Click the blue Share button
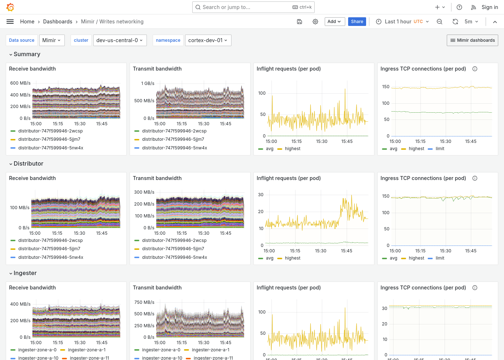point(357,22)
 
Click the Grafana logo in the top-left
point(10,7)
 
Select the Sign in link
point(490,7)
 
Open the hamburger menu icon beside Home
point(10,22)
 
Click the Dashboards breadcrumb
point(58,22)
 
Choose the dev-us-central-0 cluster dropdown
point(119,40)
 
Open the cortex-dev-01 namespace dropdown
point(208,40)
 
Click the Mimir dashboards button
point(472,40)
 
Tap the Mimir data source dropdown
point(51,40)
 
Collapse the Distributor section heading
point(28,164)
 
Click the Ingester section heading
point(25,273)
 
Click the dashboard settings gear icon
point(315,22)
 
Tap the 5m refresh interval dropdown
point(471,22)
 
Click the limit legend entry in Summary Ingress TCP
point(440,149)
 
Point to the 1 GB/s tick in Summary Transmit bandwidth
point(148,84)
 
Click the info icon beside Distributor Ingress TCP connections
point(475,178)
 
